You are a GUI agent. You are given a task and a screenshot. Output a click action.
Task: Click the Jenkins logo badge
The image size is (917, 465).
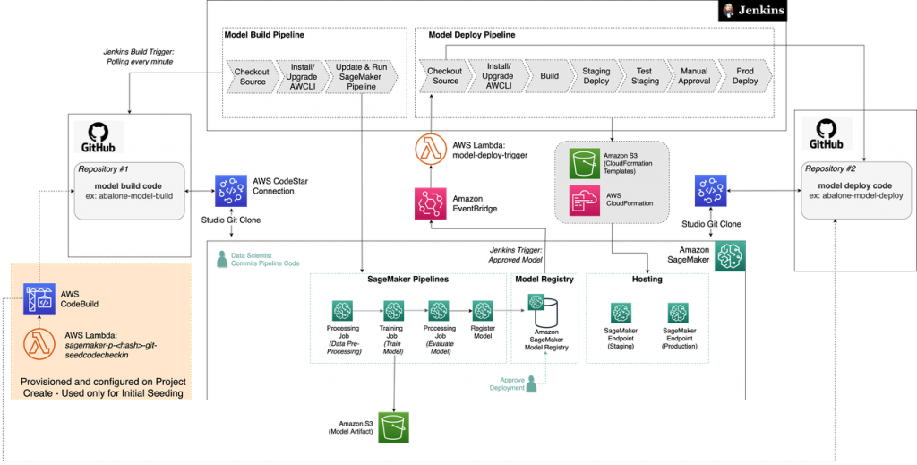click(x=754, y=11)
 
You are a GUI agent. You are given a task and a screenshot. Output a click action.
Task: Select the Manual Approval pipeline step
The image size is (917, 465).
click(x=694, y=76)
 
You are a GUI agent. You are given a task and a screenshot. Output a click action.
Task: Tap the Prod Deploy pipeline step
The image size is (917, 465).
click(x=745, y=76)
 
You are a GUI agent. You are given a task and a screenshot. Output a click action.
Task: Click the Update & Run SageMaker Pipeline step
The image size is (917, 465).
click(x=362, y=76)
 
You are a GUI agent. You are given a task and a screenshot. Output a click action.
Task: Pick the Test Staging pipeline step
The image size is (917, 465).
click(x=646, y=76)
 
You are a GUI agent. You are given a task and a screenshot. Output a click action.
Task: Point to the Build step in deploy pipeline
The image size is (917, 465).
click(x=549, y=76)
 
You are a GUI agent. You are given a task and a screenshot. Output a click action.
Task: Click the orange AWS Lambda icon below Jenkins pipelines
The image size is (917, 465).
click(x=431, y=148)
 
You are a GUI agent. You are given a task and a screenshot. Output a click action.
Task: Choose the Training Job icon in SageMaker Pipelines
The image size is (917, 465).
click(x=394, y=311)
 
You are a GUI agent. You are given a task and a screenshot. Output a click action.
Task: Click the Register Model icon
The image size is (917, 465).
click(x=483, y=311)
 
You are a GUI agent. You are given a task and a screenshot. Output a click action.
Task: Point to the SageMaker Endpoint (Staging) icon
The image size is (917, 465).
click(x=621, y=313)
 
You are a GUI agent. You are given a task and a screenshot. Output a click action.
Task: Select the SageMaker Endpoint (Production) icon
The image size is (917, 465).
click(x=679, y=313)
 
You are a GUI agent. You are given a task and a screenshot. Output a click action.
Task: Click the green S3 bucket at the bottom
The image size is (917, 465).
click(x=392, y=427)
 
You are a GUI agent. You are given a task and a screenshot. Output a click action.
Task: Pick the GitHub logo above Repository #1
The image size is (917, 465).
click(x=99, y=137)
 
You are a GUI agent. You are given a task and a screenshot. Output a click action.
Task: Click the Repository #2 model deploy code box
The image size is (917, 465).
click(x=846, y=189)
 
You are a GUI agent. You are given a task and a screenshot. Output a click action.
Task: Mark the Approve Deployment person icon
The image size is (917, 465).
click(x=531, y=383)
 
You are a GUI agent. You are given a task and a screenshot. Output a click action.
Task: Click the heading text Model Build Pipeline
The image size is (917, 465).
click(x=264, y=35)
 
